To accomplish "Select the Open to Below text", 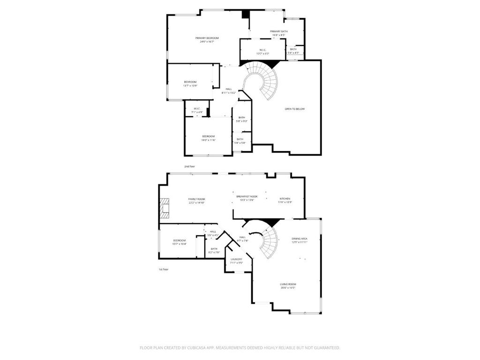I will click(294, 109).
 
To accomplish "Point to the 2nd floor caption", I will click(189, 166).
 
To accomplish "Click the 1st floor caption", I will click(163, 270).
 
